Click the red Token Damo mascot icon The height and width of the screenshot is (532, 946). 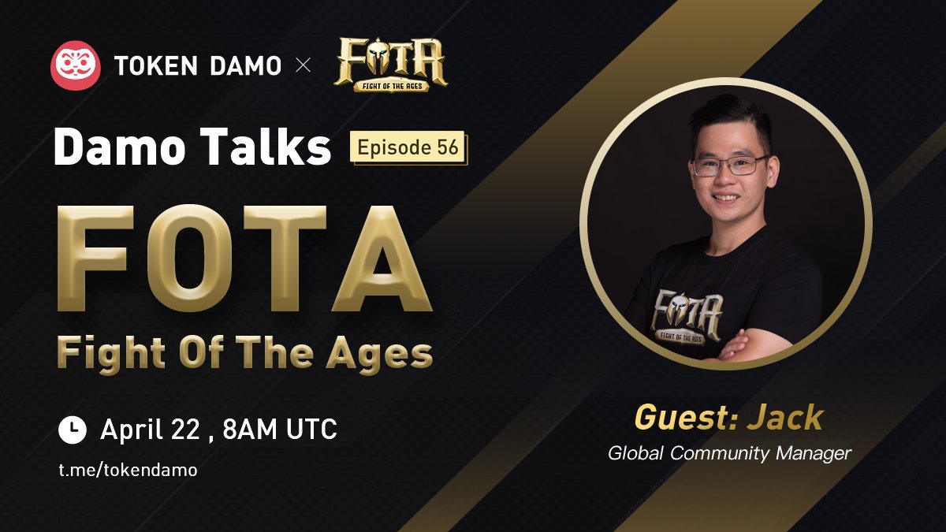point(76,65)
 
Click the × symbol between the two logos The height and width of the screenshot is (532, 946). point(303,66)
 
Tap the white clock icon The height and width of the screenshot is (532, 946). point(73,430)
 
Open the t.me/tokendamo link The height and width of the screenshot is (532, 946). point(128,470)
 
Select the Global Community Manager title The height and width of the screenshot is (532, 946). point(729,453)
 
